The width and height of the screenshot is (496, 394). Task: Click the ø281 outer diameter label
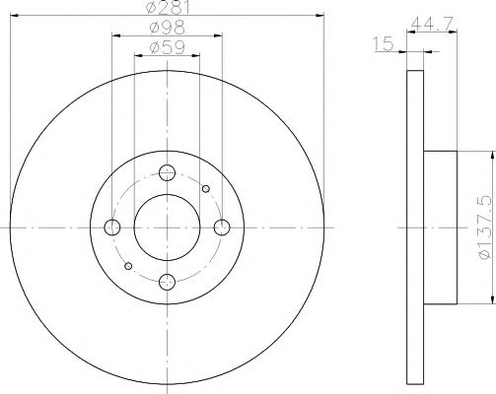coord(167,9)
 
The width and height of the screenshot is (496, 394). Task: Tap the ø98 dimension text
coord(167,29)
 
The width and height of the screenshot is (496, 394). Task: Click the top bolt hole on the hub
coord(167,171)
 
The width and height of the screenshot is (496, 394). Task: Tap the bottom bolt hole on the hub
coord(167,283)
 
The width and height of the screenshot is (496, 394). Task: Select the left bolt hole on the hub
coord(111,228)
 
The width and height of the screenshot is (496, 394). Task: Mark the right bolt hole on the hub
coord(223,228)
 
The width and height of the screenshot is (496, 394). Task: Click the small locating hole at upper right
coord(205,188)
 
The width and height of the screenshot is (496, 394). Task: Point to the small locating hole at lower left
coord(127,266)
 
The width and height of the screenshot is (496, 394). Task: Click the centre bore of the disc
coord(167,228)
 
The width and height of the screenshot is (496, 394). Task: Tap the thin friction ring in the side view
coord(414,227)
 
